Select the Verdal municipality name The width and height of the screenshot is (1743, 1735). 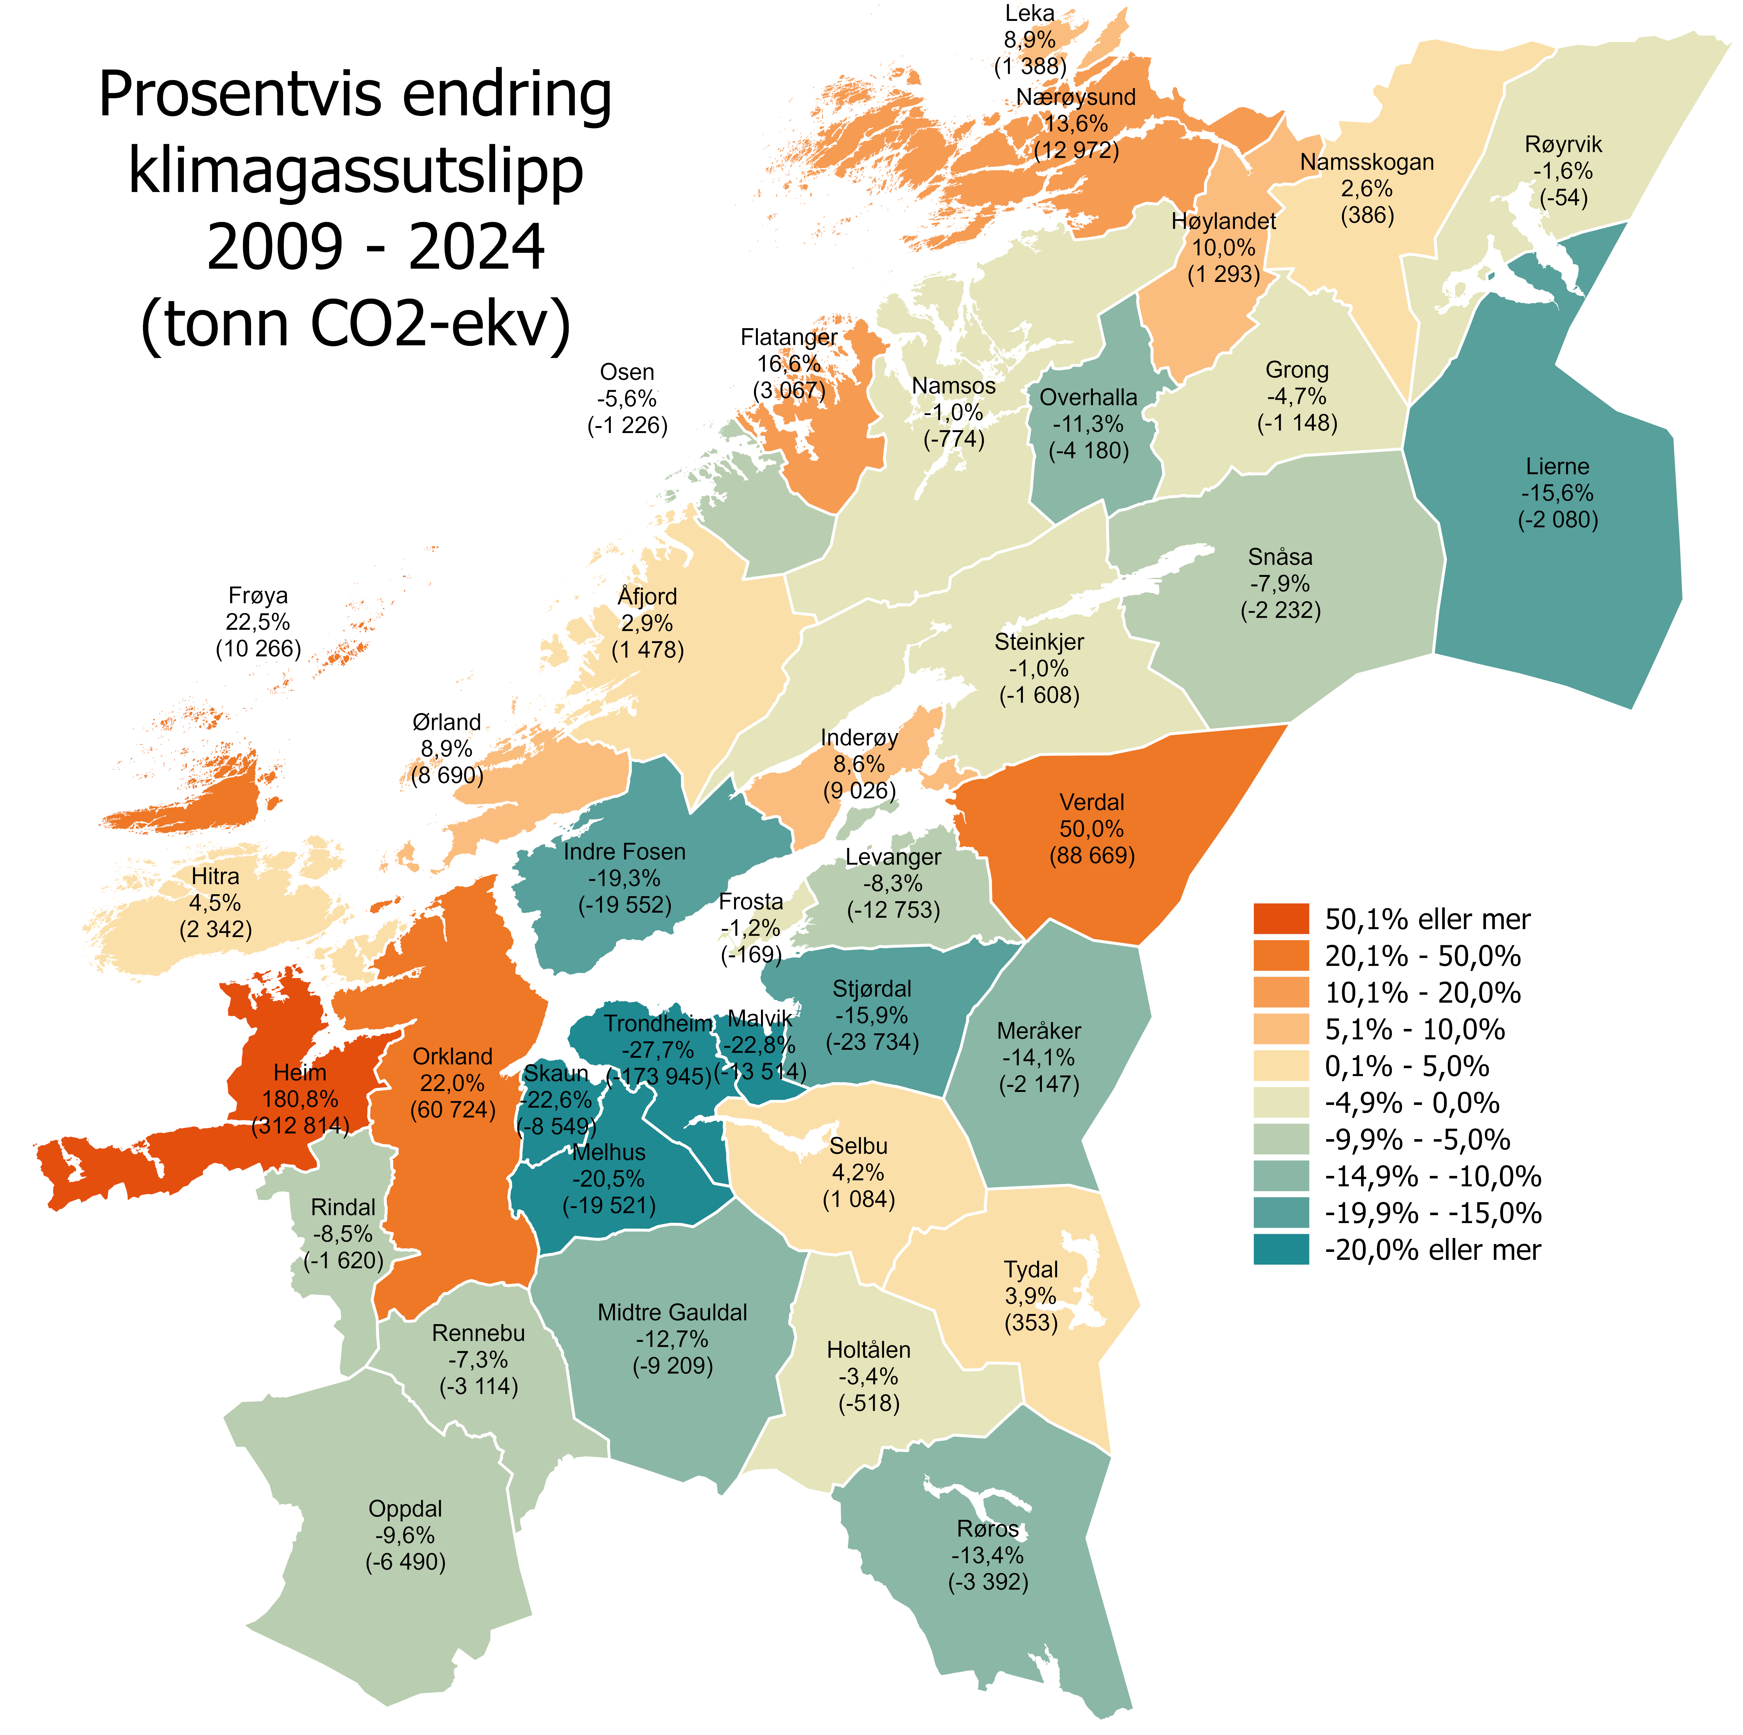[1092, 803]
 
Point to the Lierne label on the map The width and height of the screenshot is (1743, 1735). [1557, 466]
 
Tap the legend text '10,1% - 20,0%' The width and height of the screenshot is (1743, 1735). [1422, 993]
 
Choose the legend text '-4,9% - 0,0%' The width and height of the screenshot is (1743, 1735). [1411, 1103]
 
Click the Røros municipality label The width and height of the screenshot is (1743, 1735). [988, 1529]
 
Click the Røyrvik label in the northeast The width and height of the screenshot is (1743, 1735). [1564, 144]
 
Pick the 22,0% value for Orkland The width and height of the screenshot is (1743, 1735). [452, 1083]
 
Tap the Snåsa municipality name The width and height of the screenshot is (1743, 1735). [1280, 557]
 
